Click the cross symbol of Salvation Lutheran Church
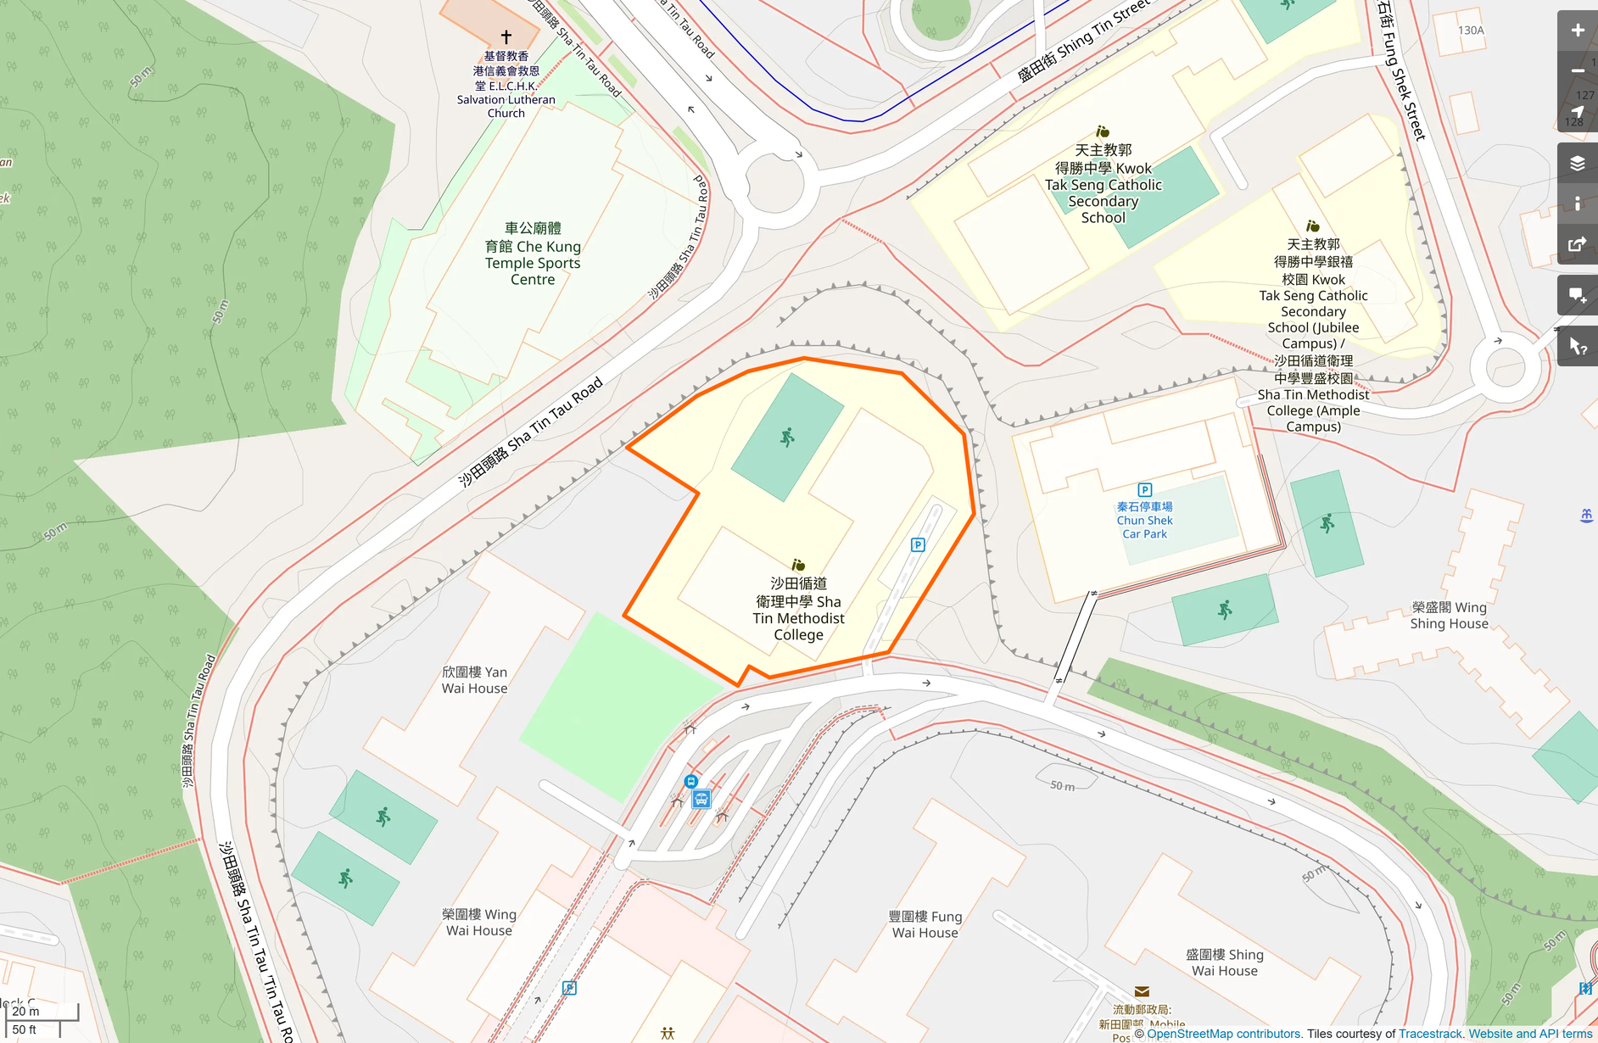(506, 36)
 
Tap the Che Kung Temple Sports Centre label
(533, 254)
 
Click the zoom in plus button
(1577, 31)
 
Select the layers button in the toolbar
(1577, 164)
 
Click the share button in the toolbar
(1577, 245)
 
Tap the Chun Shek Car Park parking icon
(1144, 490)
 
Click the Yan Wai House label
(474, 680)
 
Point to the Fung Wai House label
(925, 924)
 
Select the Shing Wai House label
(1224, 962)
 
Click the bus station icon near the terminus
(701, 799)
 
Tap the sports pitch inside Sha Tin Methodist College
(787, 438)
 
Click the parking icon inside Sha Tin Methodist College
(918, 545)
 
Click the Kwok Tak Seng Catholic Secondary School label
(1103, 185)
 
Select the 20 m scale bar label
(25, 1011)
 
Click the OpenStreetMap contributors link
(1223, 1034)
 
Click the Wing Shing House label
(1449, 616)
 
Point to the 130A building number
(1471, 31)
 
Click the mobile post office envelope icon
(1142, 992)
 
